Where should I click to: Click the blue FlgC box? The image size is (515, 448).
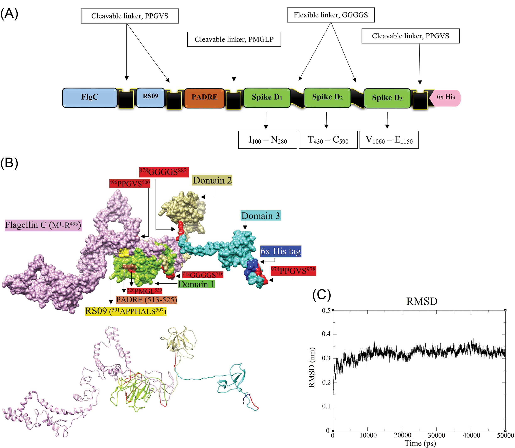pyautogui.click(x=89, y=97)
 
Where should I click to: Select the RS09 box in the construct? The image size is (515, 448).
pyautogui.click(x=150, y=97)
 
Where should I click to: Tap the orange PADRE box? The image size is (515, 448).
pyautogui.click(x=204, y=98)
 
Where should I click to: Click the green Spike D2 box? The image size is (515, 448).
pyautogui.click(x=327, y=97)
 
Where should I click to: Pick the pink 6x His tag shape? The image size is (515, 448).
pyautogui.click(x=446, y=98)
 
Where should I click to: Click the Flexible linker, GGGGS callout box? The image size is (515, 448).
pyautogui.click(x=330, y=15)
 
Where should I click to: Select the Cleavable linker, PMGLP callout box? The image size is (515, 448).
pyautogui.click(x=234, y=39)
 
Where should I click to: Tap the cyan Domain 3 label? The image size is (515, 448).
pyautogui.click(x=260, y=216)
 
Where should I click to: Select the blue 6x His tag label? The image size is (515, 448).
pyautogui.click(x=280, y=251)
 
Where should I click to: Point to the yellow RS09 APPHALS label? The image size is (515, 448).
pyautogui.click(x=126, y=311)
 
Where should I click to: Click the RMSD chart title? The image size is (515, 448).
pyautogui.click(x=422, y=301)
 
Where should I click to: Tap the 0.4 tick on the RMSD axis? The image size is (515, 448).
pyautogui.click(x=326, y=334)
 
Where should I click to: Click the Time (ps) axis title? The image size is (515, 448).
pyautogui.click(x=420, y=443)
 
